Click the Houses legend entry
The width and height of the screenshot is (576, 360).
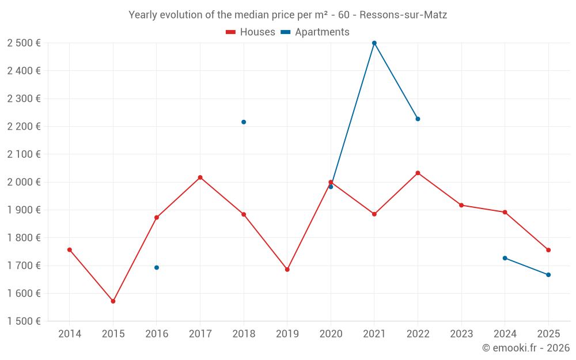point(251,32)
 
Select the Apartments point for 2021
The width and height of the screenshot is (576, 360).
point(374,43)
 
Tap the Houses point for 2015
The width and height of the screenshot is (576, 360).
point(113,301)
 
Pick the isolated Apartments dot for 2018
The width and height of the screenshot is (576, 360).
point(244,122)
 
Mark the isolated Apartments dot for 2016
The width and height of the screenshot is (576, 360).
point(157,267)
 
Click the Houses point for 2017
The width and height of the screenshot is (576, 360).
point(200,177)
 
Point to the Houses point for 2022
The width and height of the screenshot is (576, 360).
point(418,173)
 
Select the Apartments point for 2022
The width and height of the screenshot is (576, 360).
point(418,119)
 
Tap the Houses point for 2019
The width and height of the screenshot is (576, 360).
point(287,270)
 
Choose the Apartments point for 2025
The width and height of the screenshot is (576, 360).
point(548,275)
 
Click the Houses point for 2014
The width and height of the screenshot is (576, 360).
point(70,250)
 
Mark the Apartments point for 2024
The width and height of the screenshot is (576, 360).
point(505,258)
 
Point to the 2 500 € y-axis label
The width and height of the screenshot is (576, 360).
point(24,43)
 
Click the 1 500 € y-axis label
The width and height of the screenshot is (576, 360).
point(24,321)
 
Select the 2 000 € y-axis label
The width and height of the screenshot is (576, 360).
point(24,182)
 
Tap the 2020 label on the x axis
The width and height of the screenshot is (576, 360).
point(331,334)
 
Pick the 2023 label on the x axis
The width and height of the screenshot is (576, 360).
point(461,334)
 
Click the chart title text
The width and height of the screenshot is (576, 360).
point(288,15)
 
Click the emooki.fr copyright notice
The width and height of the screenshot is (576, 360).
point(526,348)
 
